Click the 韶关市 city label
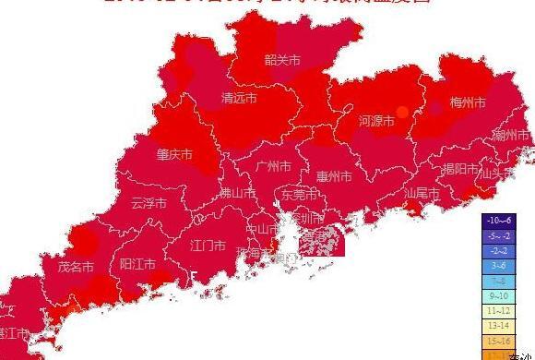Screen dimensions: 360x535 (282, 60)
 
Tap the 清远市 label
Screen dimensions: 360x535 (239, 98)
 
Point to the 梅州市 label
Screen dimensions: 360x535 (467, 102)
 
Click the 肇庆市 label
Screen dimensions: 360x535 (175, 154)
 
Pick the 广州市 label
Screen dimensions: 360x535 (273, 167)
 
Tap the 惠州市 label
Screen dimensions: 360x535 (334, 176)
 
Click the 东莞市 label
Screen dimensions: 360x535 (299, 196)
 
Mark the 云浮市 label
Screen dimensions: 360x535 (149, 203)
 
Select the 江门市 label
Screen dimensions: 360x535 (208, 246)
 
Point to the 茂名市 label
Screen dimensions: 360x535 (77, 267)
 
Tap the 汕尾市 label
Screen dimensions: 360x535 (422, 194)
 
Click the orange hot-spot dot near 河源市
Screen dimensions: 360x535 (401, 112)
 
